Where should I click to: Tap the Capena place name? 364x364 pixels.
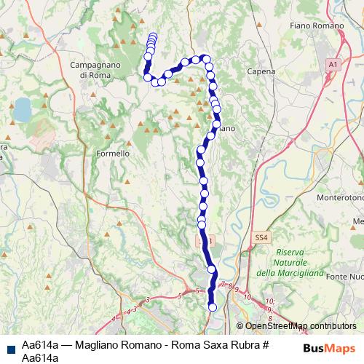pyautogui.click(x=261, y=72)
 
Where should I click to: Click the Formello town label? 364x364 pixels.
pyautogui.click(x=113, y=154)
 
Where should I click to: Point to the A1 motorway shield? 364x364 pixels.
pyautogui.click(x=333, y=65)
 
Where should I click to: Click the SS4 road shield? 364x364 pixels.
pyautogui.click(x=261, y=237)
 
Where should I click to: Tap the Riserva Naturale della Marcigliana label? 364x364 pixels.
pyautogui.click(x=295, y=262)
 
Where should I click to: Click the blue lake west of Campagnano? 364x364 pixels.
pyautogui.click(x=22, y=109)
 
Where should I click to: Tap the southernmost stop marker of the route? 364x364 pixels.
pyautogui.click(x=213, y=307)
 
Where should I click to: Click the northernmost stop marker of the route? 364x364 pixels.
pyautogui.click(x=152, y=36)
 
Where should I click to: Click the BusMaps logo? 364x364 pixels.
pyautogui.click(x=330, y=347)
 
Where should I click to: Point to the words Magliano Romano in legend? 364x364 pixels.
pyautogui.click(x=113, y=345)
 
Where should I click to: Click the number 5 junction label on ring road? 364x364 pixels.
pyautogui.click(x=179, y=295)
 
